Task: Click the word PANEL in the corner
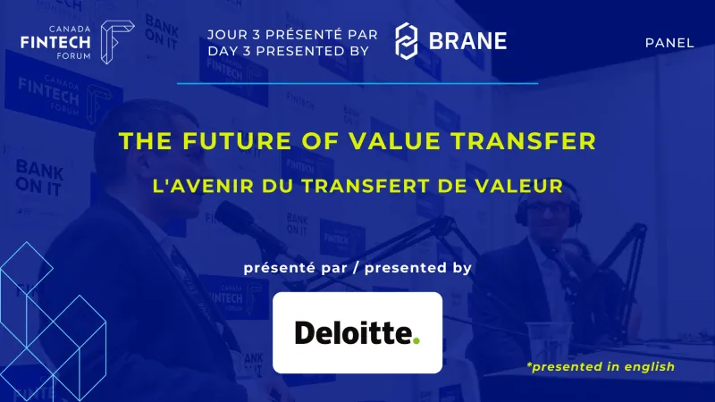pyautogui.click(x=669, y=43)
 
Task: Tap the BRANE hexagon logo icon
pyautogui.click(x=408, y=41)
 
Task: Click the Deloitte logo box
pyautogui.click(x=357, y=332)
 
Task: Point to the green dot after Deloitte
pyautogui.click(x=416, y=340)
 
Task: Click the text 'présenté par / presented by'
pyautogui.click(x=357, y=267)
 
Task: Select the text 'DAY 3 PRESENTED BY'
pyautogui.click(x=289, y=51)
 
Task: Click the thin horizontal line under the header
pyautogui.click(x=357, y=83)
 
